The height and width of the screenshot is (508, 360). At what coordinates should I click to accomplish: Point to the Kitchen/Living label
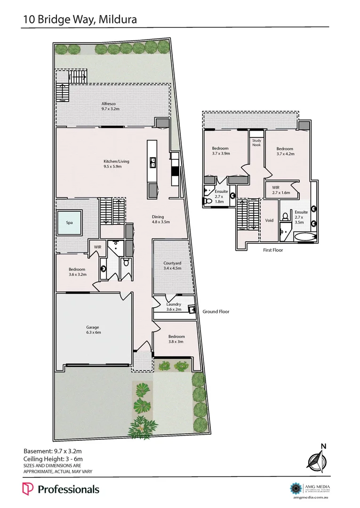click(116, 164)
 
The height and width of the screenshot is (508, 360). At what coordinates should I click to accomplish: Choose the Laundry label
click(174, 307)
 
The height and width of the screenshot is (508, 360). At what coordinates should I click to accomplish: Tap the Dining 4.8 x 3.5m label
click(160, 219)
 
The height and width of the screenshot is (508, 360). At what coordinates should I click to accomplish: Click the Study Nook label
click(256, 143)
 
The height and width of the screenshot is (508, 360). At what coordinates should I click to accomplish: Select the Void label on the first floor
click(270, 220)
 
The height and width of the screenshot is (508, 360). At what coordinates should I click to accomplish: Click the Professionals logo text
click(68, 489)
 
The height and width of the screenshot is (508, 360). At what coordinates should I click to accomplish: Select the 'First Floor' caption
click(273, 250)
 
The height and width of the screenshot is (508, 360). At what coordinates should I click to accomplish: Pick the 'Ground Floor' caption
click(216, 311)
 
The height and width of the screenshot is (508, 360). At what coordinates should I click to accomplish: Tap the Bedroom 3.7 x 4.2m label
click(285, 151)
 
